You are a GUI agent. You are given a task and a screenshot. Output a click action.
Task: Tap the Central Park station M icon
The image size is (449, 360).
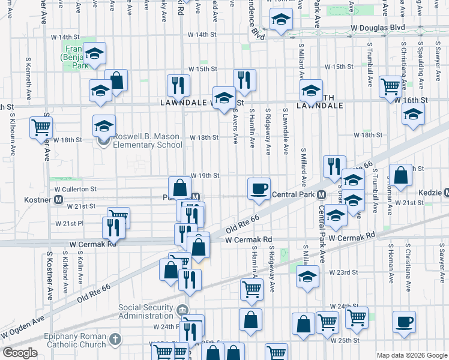coord(322,195)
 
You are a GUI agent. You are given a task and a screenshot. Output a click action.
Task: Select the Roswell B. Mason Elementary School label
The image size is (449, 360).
coord(148,140)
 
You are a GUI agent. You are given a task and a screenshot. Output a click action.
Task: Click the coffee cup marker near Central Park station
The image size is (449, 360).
coord(259,188)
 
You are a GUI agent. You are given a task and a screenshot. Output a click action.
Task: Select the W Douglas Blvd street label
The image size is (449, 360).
coord(378,28)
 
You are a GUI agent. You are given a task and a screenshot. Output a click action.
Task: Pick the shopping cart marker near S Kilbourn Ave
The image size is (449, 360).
coord(41,127)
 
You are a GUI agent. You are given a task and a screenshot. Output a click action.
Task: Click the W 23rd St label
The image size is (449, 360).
coord(343,272)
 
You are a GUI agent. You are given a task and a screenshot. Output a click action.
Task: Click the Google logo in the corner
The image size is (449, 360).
coord(20,353)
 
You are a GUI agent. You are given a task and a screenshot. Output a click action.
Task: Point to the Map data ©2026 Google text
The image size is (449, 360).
coord(412,355)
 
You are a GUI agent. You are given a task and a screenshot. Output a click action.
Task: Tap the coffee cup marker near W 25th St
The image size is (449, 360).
coord(404,322)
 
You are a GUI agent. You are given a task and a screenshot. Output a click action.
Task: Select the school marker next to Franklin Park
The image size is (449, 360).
coord(95,54)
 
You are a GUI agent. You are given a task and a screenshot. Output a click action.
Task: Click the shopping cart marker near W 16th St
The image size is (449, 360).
coord(390,86)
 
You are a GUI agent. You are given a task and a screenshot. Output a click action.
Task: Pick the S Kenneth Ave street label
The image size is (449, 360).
coord(28,79)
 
